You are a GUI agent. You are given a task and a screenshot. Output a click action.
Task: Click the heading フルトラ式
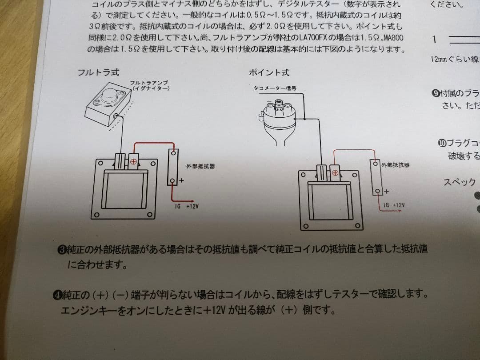98,72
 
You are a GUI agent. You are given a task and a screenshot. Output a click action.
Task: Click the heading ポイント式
269,72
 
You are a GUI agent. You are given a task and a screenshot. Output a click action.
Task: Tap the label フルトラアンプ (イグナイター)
150,85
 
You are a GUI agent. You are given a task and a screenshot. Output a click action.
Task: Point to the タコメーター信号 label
275,89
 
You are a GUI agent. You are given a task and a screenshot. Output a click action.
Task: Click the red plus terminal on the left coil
133,161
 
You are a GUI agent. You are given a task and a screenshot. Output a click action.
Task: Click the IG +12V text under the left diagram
186,207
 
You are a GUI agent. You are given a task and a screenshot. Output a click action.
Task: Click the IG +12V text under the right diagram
394,205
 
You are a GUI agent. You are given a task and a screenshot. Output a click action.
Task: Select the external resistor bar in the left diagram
173,167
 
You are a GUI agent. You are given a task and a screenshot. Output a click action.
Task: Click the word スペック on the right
459,182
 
